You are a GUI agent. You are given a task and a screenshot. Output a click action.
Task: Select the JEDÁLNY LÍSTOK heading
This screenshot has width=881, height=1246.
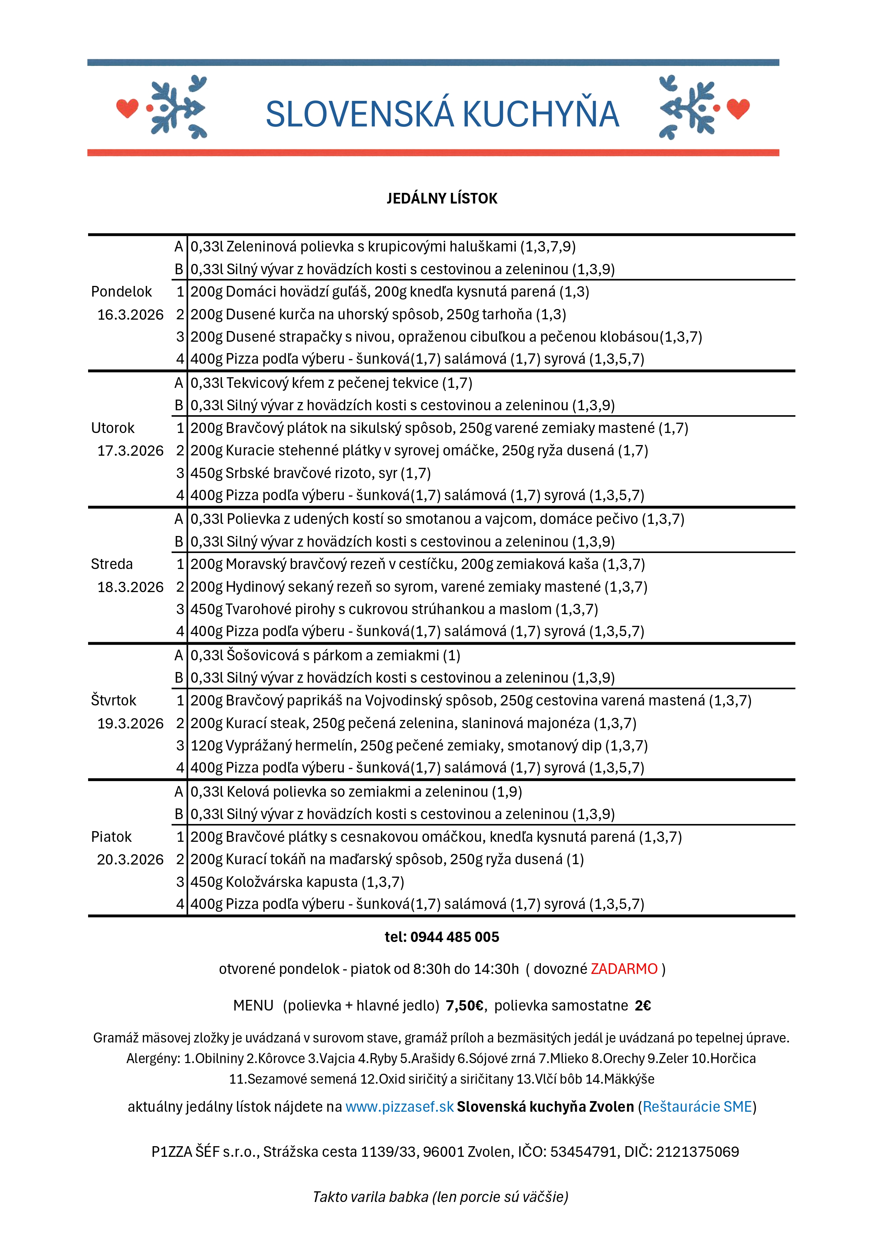pos(442,199)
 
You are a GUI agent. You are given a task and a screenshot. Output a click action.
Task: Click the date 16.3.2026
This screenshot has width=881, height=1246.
pos(130,315)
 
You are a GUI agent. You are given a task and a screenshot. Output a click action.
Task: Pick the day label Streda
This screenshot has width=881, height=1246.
pos(112,564)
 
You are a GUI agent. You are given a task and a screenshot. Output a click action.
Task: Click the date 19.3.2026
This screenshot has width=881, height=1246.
pos(130,724)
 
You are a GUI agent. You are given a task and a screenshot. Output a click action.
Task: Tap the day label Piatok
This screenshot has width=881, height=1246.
pos(111,837)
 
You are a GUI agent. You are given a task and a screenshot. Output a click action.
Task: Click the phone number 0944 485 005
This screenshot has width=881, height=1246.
pos(454,937)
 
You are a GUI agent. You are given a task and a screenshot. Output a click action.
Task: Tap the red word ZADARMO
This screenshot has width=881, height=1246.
pos(624,969)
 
